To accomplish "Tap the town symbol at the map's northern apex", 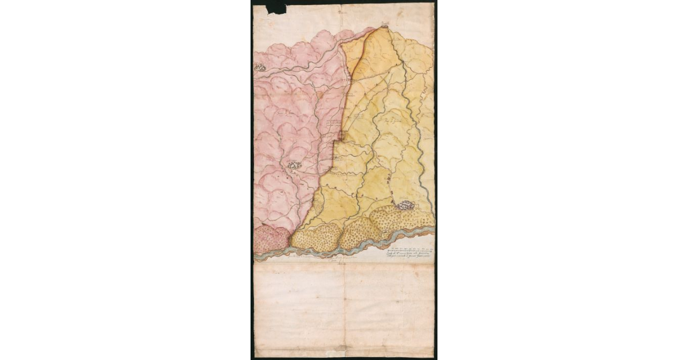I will (x=385, y=25).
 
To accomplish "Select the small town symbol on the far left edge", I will (x=260, y=68).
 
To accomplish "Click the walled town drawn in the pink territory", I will (x=295, y=165).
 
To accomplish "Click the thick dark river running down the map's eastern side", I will (x=414, y=115).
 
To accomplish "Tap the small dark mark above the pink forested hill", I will (x=263, y=222).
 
